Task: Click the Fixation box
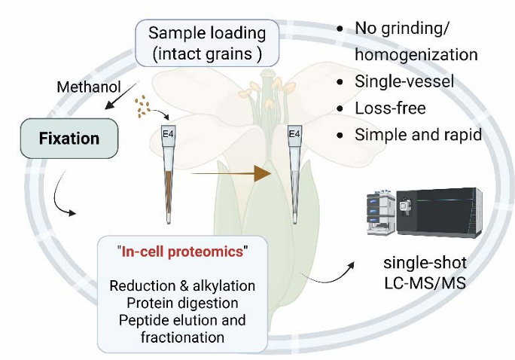coord(69,139)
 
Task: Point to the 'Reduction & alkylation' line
coord(182,286)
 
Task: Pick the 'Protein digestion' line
coord(182,304)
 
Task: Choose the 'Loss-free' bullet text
coord(390,108)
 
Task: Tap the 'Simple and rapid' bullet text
coord(418,136)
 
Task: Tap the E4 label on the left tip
coord(169,135)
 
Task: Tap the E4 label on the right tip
coord(295,135)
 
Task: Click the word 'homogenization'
coord(416,54)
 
